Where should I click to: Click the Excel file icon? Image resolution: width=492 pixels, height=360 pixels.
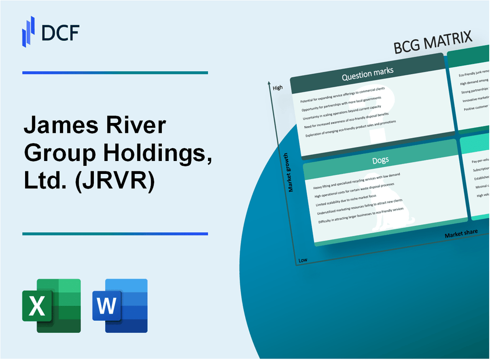pyautogui.click(x=51, y=306)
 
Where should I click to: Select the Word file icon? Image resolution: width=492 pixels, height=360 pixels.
pyautogui.click(x=120, y=306)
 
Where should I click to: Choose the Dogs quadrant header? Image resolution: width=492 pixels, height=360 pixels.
pyautogui.click(x=380, y=160)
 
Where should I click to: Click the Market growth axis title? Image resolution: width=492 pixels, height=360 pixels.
pyautogui.click(x=291, y=173)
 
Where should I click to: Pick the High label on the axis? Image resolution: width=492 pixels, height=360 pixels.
pyautogui.click(x=277, y=88)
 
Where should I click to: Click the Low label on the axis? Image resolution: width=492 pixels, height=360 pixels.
pyautogui.click(x=303, y=260)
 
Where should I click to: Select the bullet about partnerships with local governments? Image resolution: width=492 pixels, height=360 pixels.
pyautogui.click(x=341, y=104)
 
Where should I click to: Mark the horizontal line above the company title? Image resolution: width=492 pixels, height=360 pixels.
pyautogui.click(x=115, y=73)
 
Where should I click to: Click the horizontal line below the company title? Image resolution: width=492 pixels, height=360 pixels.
pyautogui.click(x=115, y=233)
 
